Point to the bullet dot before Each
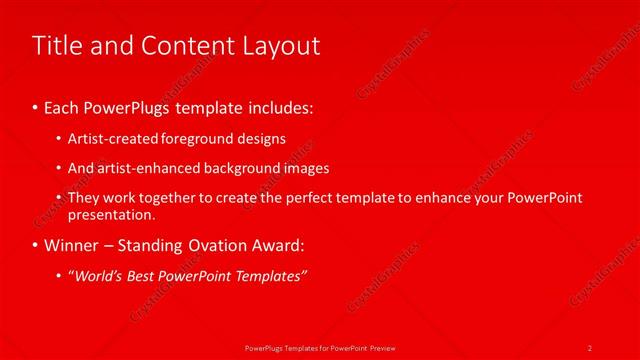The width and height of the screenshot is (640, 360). [36, 105]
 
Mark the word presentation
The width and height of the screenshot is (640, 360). [111, 214]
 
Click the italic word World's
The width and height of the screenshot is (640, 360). [98, 276]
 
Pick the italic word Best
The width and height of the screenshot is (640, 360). [146, 276]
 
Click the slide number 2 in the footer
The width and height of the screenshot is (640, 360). [590, 347]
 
